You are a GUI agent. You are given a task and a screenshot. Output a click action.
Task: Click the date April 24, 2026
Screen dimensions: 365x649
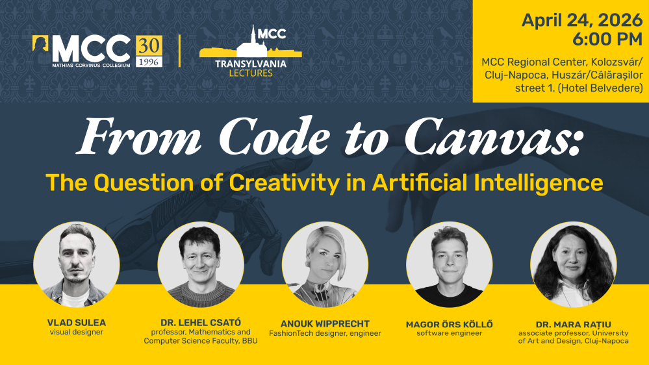tap(581, 20)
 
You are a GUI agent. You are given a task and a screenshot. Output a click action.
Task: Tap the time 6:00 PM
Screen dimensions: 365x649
tap(607, 40)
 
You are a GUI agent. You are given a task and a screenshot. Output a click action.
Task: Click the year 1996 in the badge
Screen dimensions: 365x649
tap(149, 61)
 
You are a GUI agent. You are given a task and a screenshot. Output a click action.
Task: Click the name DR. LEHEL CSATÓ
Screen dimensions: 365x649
tap(201, 323)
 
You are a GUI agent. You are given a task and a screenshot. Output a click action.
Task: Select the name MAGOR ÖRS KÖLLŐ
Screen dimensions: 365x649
tap(449, 323)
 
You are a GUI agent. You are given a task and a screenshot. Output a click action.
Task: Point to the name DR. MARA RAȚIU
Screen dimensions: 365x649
tap(573, 323)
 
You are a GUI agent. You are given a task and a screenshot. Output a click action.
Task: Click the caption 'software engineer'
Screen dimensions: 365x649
tap(449, 333)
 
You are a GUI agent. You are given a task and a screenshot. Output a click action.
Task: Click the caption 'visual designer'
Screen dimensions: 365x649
tap(77, 333)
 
